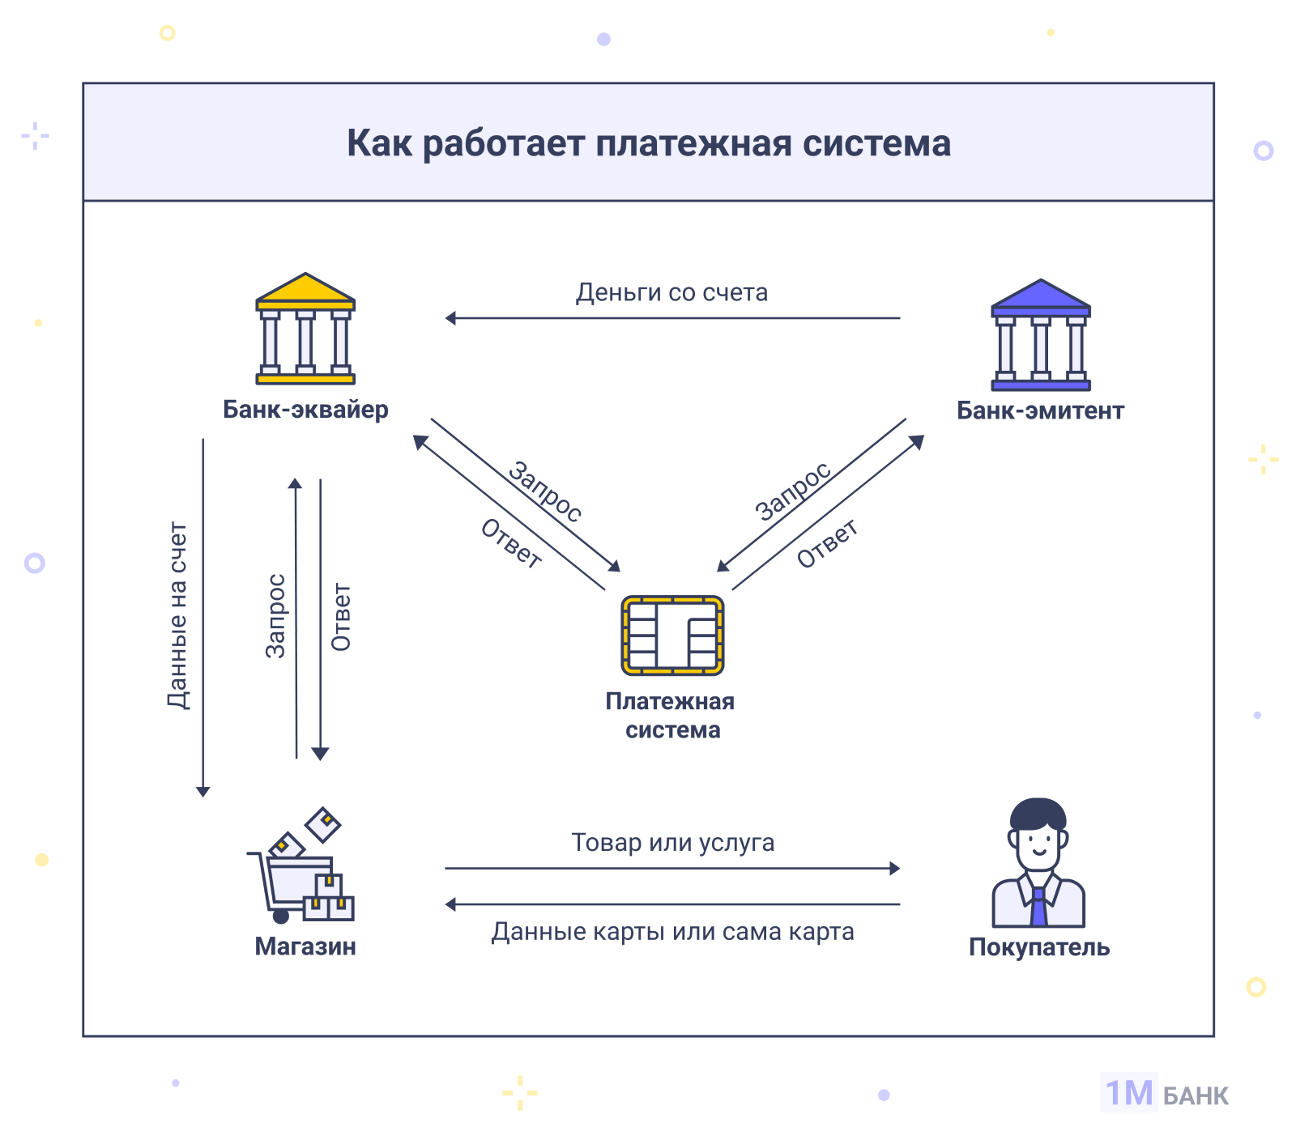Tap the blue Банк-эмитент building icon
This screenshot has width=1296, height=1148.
(x=1041, y=335)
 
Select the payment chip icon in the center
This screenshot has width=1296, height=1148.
(x=672, y=636)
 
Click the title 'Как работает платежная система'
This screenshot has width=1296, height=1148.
(x=649, y=143)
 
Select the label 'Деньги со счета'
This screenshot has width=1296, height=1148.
(x=671, y=292)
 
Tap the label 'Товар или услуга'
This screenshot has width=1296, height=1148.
(x=672, y=843)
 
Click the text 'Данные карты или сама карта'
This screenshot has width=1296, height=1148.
(x=672, y=932)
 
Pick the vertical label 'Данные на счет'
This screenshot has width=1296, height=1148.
(x=178, y=615)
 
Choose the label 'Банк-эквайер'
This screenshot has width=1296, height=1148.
(x=305, y=410)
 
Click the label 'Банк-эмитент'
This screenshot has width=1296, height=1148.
(x=1040, y=410)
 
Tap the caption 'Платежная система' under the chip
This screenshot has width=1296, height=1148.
(x=671, y=716)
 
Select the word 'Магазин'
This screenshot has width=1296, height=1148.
(x=305, y=946)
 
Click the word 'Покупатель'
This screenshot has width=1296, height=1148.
(x=1039, y=947)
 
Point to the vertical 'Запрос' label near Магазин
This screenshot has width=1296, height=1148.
(x=276, y=615)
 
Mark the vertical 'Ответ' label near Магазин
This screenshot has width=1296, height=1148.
(x=341, y=617)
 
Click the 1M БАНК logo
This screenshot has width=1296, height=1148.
(x=1166, y=1094)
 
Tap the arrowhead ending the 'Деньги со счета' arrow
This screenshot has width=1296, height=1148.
(x=450, y=318)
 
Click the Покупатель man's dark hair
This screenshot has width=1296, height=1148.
(x=1038, y=813)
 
